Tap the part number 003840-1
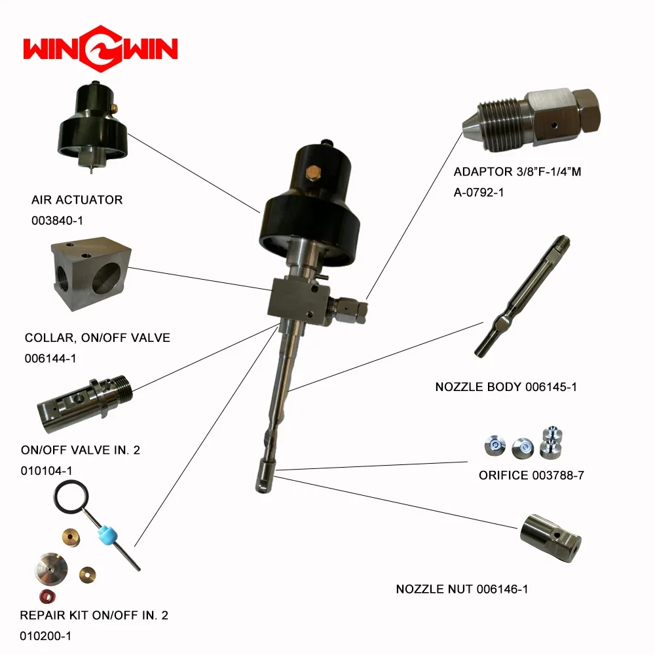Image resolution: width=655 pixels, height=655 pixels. pyautogui.click(x=58, y=221)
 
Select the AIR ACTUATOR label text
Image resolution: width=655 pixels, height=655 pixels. pyautogui.click(x=77, y=200)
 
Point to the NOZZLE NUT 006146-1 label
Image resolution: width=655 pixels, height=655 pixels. pyautogui.click(x=462, y=589)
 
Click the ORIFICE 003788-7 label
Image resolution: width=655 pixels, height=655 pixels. pyautogui.click(x=531, y=475)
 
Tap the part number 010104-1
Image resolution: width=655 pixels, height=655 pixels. pyautogui.click(x=47, y=471)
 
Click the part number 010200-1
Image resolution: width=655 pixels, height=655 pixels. pyautogui.click(x=46, y=636)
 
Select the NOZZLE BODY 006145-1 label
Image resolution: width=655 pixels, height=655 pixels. pyautogui.click(x=506, y=387)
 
